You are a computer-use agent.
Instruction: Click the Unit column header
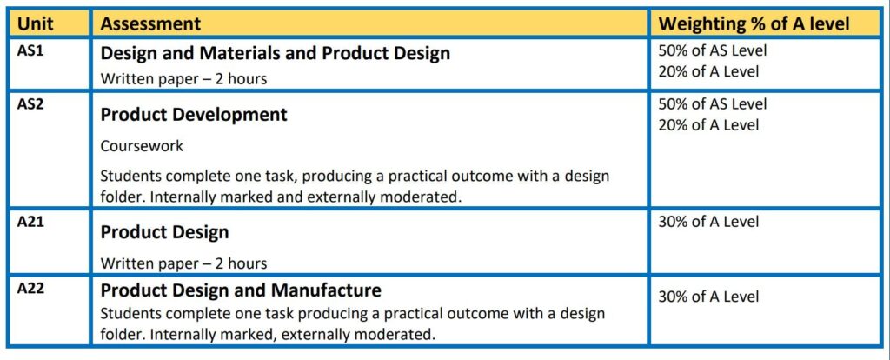pos(35,23)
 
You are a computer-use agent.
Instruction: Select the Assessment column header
pos(150,23)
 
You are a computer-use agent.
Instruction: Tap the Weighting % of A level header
pos(754,23)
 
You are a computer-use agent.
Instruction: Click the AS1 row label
pos(30,50)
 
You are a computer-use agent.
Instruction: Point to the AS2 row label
pos(30,103)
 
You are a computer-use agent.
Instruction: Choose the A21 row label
pos(30,222)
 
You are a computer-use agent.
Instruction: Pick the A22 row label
pos(30,289)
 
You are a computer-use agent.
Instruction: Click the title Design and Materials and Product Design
pos(276,53)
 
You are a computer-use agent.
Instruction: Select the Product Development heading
pos(194,115)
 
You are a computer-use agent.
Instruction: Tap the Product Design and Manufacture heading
pos(241,290)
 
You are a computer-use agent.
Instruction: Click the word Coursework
pos(142,146)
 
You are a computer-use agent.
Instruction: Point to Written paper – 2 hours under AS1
pos(183,79)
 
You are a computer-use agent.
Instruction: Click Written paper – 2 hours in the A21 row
pos(183,263)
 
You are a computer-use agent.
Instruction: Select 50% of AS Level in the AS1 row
pos(713,50)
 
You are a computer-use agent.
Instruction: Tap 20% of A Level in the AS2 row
pos(708,125)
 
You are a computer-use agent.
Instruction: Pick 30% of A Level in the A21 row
pos(708,222)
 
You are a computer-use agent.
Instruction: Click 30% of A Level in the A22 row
pos(708,297)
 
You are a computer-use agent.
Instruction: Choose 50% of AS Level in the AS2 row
pos(713,103)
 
